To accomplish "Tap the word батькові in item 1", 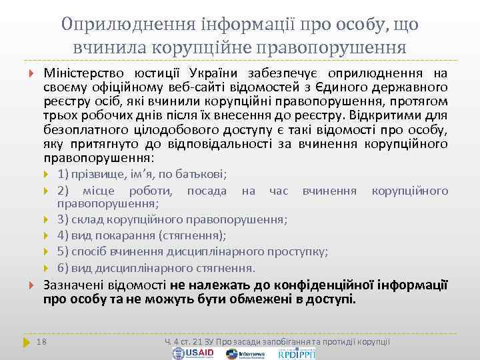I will coord(203,174).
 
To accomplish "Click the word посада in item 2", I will coord(207,191).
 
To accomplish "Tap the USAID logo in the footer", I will coord(195,353).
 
